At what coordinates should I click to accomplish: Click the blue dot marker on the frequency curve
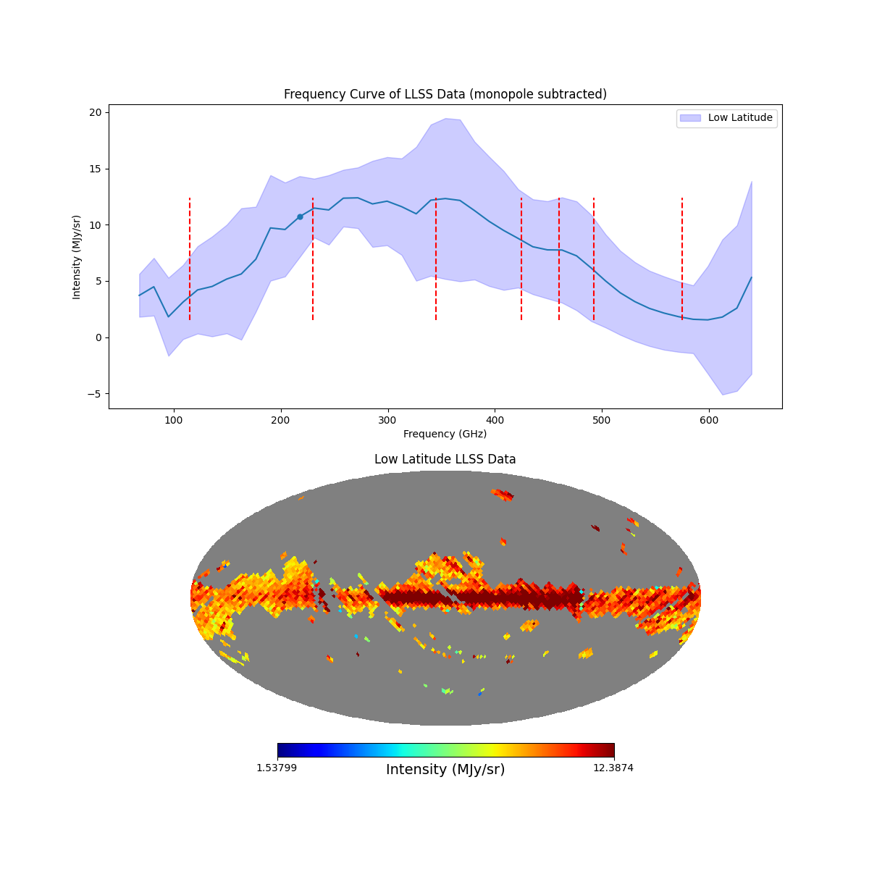300,217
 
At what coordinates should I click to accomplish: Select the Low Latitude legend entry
726,118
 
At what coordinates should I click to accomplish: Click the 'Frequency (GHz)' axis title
445,434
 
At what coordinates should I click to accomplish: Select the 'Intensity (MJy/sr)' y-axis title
77,257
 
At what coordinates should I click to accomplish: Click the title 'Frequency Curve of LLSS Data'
445,94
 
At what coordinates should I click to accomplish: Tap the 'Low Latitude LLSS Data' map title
445,459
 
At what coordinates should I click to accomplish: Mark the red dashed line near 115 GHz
190,259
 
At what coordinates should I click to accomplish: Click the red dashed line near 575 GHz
682,259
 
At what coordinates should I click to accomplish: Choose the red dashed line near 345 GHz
436,259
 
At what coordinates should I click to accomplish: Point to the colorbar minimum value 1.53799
276,768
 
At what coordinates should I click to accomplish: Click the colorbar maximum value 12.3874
613,768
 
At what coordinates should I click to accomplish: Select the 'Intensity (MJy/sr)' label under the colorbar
445,770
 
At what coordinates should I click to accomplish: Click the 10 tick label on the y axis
95,225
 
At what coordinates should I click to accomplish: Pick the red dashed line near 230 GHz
313,259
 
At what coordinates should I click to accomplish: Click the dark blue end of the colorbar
282,750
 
